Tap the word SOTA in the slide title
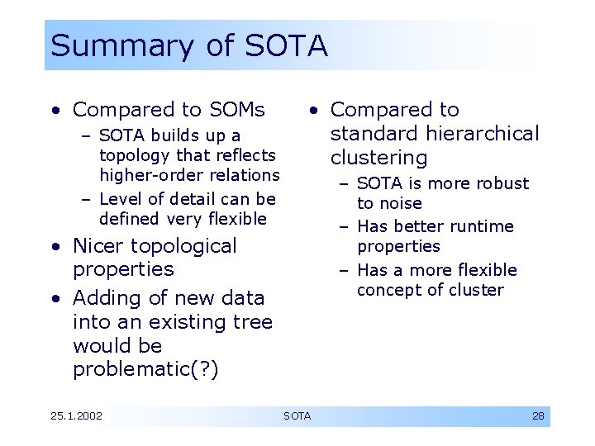287,45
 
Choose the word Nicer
102,246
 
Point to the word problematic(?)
145,369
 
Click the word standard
375,134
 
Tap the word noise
401,203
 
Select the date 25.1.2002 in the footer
76,415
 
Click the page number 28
538,415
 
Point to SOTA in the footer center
297,415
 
